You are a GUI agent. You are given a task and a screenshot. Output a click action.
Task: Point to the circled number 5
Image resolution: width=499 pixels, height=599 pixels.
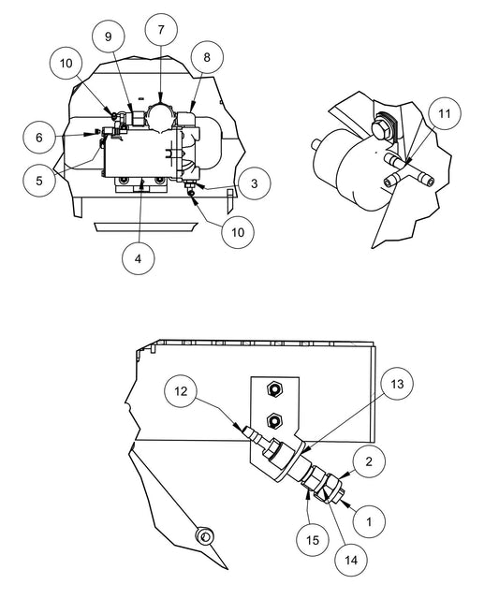(39, 180)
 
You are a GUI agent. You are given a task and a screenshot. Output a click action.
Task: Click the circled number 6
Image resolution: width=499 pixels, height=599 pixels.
(39, 138)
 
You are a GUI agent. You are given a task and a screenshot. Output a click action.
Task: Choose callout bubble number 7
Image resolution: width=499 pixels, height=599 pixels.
(161, 30)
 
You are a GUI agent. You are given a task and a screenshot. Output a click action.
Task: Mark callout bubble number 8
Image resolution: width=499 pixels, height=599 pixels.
(207, 57)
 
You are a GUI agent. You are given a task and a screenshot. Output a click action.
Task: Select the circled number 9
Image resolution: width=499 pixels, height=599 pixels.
(109, 37)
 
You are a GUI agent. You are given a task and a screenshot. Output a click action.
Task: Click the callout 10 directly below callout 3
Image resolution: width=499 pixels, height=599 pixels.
(239, 231)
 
